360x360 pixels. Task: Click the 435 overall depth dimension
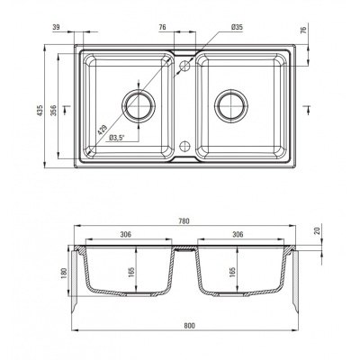pyautogui.click(x=40, y=112)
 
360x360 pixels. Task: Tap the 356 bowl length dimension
pyautogui.click(x=53, y=111)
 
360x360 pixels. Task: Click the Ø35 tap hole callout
pyautogui.click(x=237, y=27)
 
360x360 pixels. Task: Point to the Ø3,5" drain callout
pyautogui.click(x=117, y=138)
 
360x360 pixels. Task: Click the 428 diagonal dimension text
pyautogui.click(x=103, y=130)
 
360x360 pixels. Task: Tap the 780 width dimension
pyautogui.click(x=184, y=221)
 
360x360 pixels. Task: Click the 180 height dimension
pyautogui.click(x=64, y=273)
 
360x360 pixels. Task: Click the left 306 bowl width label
pyautogui.click(x=126, y=234)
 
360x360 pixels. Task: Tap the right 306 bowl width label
pyautogui.click(x=238, y=234)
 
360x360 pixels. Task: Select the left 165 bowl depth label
pyautogui.click(x=131, y=271)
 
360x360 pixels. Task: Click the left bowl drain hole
pyautogui.click(x=139, y=105)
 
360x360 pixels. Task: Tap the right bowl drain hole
pyautogui.click(x=231, y=105)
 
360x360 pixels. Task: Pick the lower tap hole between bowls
pyautogui.click(x=184, y=146)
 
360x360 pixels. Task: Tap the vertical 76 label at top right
pyautogui.click(x=304, y=30)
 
